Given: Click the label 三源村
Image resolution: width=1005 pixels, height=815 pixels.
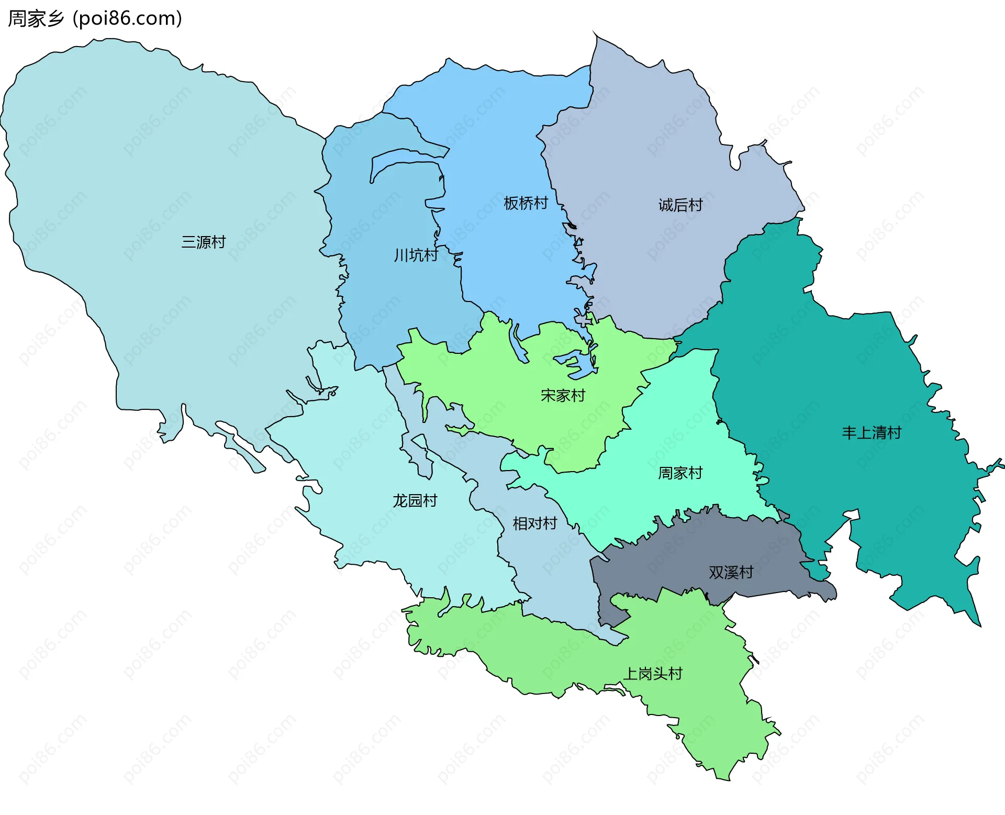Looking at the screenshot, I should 203,242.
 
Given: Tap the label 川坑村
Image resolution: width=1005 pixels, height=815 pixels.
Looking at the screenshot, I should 416,255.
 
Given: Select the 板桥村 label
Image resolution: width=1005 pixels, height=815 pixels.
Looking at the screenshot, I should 526,203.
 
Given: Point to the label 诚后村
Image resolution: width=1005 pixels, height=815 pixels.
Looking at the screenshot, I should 680,205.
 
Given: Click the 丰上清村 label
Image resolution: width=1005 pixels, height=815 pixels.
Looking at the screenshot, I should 872,433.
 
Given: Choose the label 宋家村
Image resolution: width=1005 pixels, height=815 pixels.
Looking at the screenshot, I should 563,395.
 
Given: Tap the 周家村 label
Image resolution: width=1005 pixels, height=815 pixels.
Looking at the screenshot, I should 680,473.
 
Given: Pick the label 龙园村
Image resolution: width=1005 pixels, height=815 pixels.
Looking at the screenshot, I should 415,501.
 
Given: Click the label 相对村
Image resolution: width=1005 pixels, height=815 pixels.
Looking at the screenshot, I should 534,523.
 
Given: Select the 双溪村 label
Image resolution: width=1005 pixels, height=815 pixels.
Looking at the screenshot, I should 731,573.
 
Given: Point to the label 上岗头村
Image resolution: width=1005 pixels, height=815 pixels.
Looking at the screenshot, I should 653,674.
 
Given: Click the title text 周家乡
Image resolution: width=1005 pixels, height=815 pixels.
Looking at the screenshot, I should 36,19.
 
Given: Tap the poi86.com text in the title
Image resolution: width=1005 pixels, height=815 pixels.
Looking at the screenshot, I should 128,19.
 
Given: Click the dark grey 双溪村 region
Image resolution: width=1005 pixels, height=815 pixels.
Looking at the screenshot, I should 680,555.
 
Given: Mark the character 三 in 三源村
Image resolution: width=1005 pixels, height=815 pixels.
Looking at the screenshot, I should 188,242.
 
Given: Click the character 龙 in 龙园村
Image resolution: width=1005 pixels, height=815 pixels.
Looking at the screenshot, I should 400,501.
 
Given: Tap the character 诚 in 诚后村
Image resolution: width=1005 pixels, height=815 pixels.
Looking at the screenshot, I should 665,205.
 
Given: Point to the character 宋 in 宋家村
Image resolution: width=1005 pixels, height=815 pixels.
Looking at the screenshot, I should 548,395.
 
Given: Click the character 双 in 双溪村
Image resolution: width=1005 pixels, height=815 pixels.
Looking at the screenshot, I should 716,573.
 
